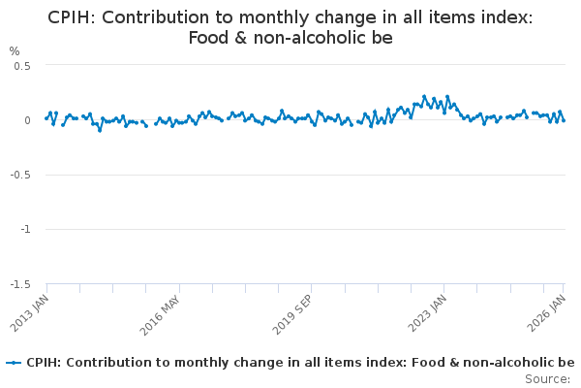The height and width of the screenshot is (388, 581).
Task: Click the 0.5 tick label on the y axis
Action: pyautogui.click(x=22, y=66)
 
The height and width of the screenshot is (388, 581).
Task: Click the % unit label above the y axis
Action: pyautogui.click(x=15, y=50)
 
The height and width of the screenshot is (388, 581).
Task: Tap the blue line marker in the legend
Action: pyautogui.click(x=14, y=363)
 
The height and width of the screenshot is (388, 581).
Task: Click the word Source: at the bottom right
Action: pyautogui.click(x=547, y=378)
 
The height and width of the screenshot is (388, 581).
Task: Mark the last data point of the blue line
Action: pyautogui.click(x=564, y=120)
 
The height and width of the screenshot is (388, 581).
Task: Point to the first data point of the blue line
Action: pyautogui.click(x=46, y=119)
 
